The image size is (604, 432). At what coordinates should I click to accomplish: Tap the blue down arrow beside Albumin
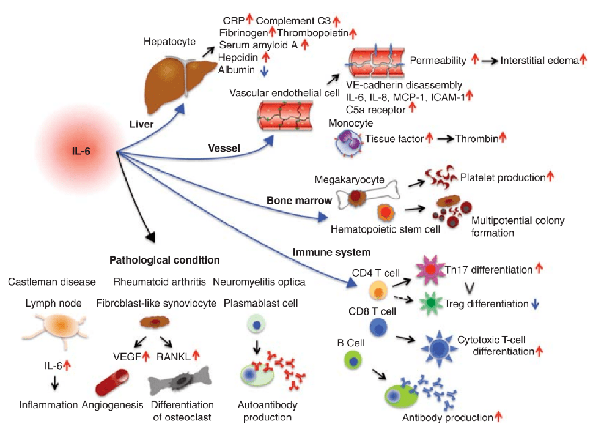click(263, 70)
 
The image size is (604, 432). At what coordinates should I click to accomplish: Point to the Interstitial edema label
click(539, 61)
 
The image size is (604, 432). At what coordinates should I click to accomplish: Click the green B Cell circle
click(354, 360)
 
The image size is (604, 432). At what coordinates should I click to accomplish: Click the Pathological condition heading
click(164, 260)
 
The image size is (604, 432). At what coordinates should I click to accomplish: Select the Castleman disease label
click(52, 281)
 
